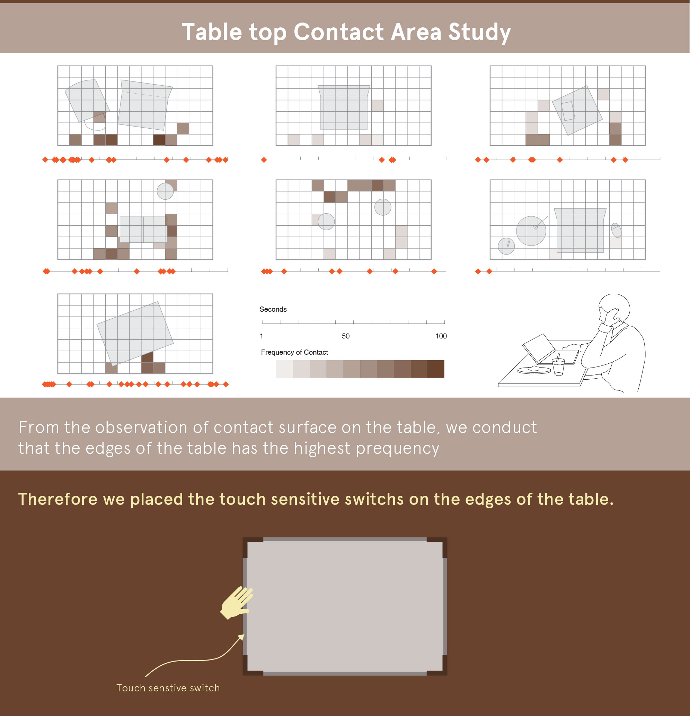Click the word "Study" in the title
(x=479, y=33)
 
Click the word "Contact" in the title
(x=339, y=32)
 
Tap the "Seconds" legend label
(x=273, y=309)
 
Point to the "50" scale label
(x=346, y=336)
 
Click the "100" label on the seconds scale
(x=441, y=336)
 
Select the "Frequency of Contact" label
(x=294, y=352)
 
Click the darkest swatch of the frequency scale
(x=436, y=369)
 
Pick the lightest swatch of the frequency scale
(x=284, y=369)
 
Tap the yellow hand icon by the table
(x=237, y=603)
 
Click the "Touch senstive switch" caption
(x=168, y=688)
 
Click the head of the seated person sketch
(x=614, y=308)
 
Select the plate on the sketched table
(x=534, y=370)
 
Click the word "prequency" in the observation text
(x=397, y=449)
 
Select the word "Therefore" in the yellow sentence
(x=57, y=499)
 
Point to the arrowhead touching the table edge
(x=241, y=637)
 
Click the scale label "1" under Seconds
(x=262, y=336)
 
